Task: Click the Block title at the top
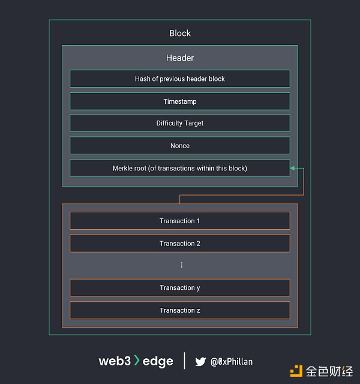(180, 34)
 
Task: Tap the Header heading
(180, 58)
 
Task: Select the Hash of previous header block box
(180, 79)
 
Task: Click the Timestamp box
(180, 101)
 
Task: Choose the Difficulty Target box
(180, 123)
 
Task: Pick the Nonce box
(180, 146)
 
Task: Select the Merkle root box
(180, 168)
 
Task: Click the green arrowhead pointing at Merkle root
(293, 169)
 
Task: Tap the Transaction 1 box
(180, 221)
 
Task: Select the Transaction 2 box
(180, 244)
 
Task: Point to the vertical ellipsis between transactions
(181, 265)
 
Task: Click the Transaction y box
(180, 288)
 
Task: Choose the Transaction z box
(180, 310)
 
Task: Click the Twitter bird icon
(200, 361)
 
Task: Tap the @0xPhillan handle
(232, 362)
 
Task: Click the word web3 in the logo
(114, 361)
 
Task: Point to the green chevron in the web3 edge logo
(137, 361)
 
